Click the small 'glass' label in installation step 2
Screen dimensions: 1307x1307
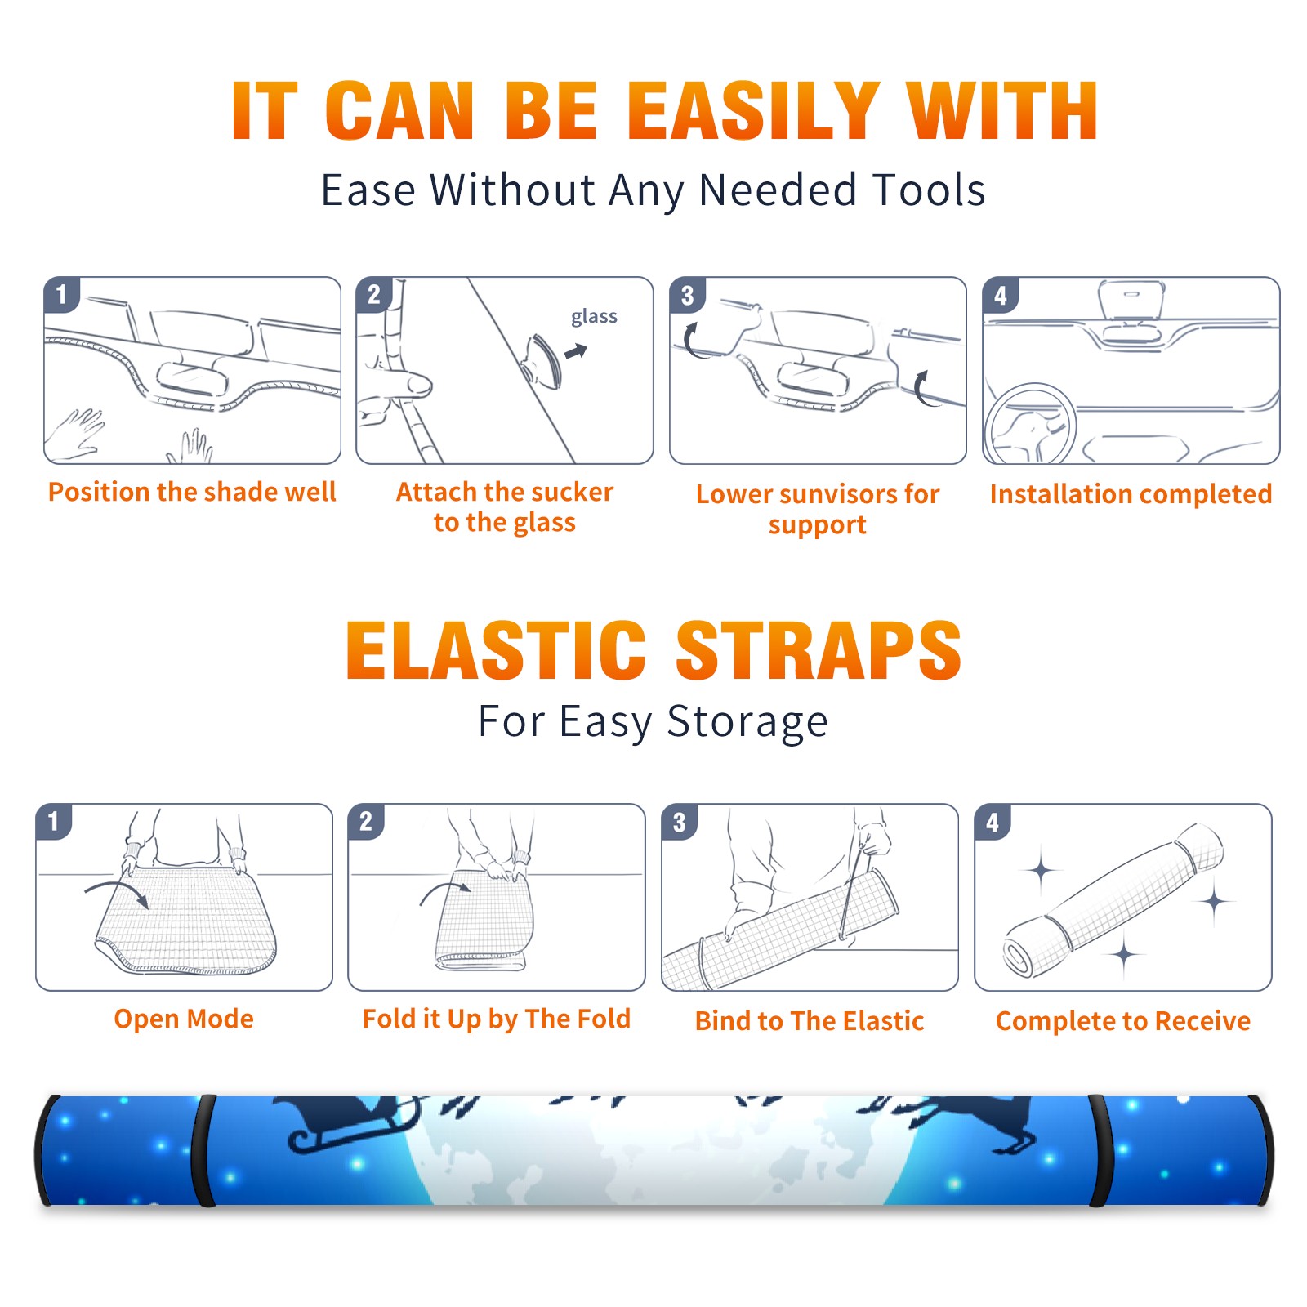pos(594,317)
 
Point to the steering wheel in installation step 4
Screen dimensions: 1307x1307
pos(1030,423)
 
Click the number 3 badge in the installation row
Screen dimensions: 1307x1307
pos(687,295)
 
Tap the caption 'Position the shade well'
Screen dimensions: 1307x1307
pos(192,492)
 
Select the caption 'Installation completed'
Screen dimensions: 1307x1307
pos(1131,494)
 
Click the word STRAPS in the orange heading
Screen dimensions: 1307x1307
pos(819,650)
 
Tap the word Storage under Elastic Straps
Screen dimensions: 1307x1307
pos(747,722)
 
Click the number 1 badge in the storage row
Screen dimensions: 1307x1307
pos(54,821)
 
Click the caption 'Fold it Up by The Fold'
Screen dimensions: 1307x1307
pos(497,1019)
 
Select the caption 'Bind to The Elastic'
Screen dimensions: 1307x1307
pos(810,1021)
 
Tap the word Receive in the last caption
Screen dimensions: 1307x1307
pos(1202,1021)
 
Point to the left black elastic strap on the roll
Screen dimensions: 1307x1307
pos(204,1150)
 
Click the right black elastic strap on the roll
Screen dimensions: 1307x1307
pos(1100,1150)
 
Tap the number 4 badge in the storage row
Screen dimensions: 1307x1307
pos(993,821)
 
